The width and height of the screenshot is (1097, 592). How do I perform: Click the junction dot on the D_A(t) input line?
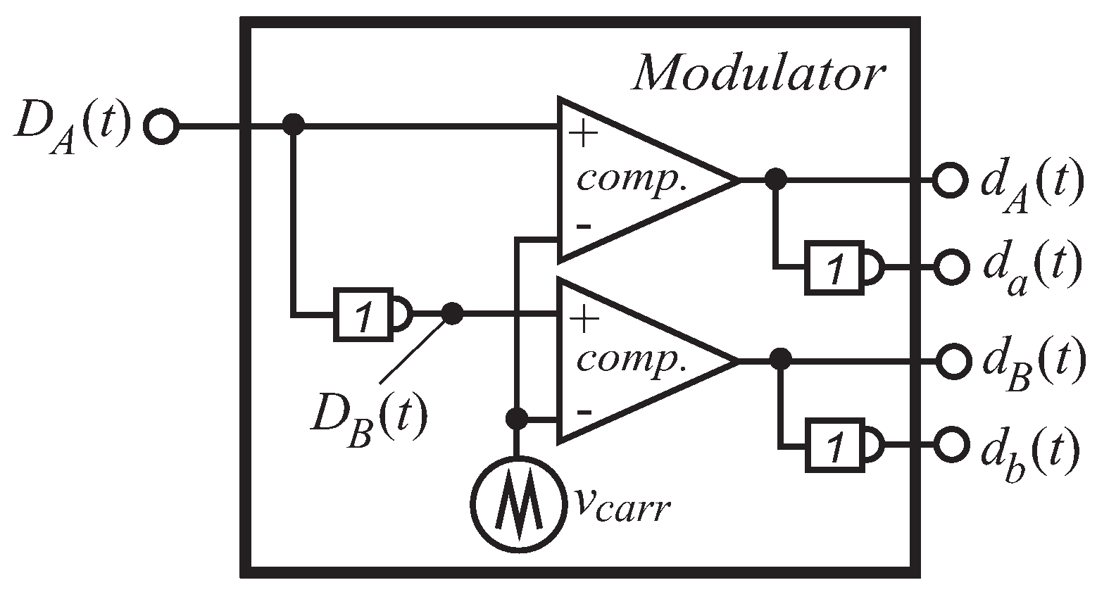click(x=292, y=127)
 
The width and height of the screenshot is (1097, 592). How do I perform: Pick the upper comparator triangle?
click(x=634, y=180)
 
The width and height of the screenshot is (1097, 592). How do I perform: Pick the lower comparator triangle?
click(x=634, y=360)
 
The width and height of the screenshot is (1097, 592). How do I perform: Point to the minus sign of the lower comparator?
click(x=583, y=412)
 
